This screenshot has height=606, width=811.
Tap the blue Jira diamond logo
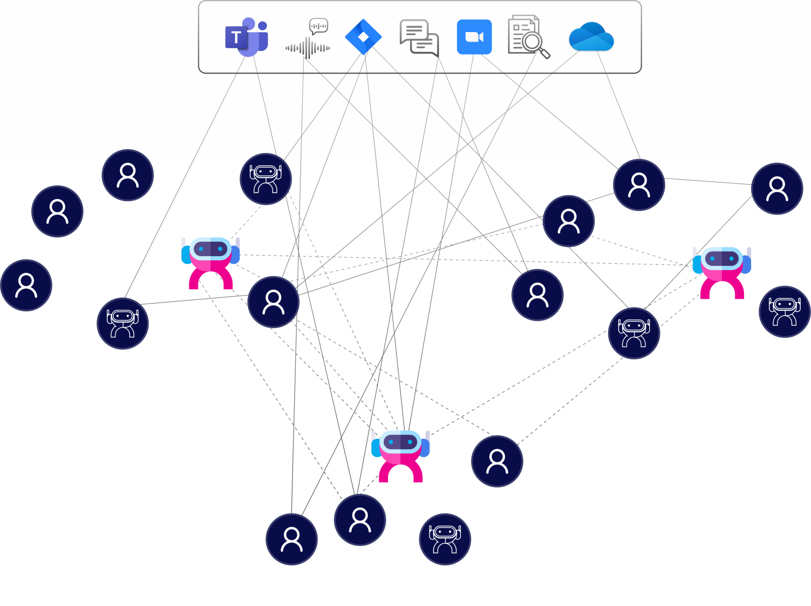(363, 36)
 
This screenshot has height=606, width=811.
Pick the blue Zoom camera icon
(474, 36)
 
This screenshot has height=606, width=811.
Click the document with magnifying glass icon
(528, 36)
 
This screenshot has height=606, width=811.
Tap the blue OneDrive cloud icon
(591, 37)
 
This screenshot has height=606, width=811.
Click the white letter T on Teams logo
(236, 37)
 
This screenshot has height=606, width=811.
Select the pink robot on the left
(211, 261)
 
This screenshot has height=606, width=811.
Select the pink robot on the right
(722, 271)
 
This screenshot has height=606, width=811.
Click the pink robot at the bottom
(400, 454)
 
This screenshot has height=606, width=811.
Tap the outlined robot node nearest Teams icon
(266, 179)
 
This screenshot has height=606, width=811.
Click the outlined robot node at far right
(784, 311)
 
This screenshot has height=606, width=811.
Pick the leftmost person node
(26, 285)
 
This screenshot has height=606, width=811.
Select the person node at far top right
(777, 189)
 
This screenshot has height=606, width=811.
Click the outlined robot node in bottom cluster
(445, 539)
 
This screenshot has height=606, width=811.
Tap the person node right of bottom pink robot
(497, 461)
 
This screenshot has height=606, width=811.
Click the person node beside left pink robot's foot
(273, 302)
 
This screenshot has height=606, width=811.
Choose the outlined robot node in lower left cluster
(122, 323)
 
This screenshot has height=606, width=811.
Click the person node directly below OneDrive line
(639, 185)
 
